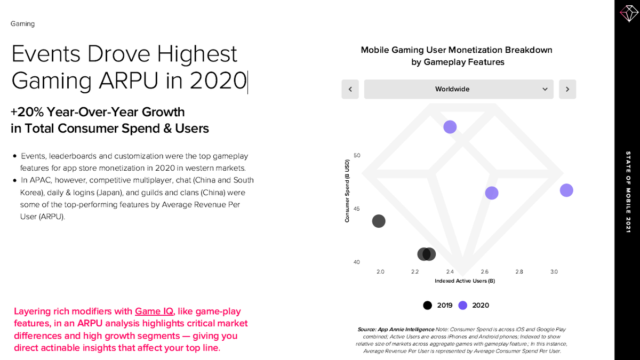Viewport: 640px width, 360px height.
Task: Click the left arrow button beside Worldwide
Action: [350, 89]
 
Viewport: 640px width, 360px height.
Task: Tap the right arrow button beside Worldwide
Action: [567, 89]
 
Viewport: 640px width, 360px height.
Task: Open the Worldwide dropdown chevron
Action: [545, 89]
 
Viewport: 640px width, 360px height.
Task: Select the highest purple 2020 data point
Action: [450, 127]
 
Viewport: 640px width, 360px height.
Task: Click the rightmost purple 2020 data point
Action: [566, 190]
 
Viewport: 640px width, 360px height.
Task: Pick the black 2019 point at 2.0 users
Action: [379, 221]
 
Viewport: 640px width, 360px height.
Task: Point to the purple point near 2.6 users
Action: [492, 193]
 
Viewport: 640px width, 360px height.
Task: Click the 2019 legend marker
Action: [427, 306]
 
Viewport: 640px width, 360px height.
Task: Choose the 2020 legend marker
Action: [463, 306]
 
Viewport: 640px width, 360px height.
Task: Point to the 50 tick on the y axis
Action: [357, 156]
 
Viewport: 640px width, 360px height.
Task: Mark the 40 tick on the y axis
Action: [357, 262]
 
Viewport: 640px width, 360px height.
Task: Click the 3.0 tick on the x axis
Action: [554, 272]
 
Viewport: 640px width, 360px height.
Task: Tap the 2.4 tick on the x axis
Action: [450, 272]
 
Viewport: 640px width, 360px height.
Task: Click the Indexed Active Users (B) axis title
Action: [465, 281]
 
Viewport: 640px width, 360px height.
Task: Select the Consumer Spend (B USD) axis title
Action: [347, 190]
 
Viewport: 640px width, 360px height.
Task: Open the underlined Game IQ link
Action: [154, 311]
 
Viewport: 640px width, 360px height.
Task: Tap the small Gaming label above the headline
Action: [22, 24]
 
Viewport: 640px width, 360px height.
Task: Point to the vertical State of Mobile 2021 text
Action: [628, 192]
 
